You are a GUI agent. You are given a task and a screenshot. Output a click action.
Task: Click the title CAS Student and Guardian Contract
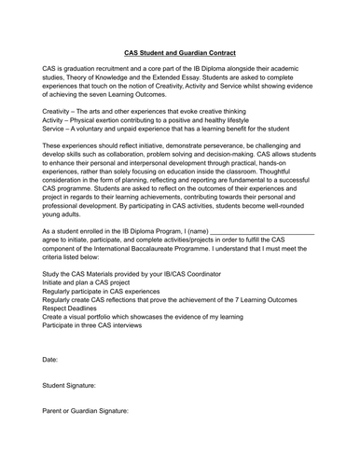tap(180, 54)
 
